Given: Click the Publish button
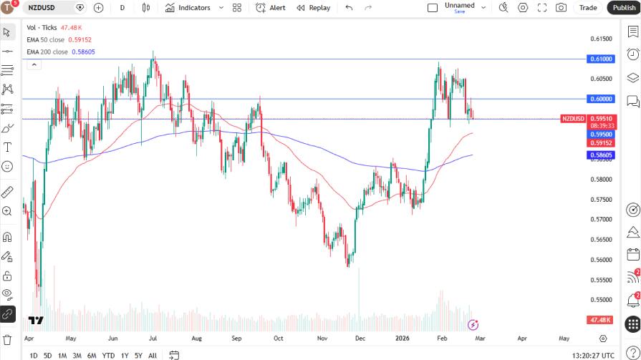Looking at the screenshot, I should point(624,8).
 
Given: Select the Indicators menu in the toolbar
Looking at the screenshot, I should point(188,8).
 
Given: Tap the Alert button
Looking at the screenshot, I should point(271,8).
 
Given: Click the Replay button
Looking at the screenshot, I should point(314,8).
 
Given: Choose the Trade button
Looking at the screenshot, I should point(588,8).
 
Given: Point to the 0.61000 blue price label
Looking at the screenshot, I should point(600,59).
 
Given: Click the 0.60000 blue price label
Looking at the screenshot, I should point(600,99).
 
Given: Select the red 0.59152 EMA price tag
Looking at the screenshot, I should point(600,143).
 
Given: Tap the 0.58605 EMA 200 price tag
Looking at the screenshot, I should point(600,155).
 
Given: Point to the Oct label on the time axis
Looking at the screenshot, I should point(279,338).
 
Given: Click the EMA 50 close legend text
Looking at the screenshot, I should point(47,39).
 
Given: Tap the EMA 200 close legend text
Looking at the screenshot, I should point(47,52).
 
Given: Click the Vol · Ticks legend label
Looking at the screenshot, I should point(42,27).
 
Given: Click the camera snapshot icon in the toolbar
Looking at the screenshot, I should point(561,8).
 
